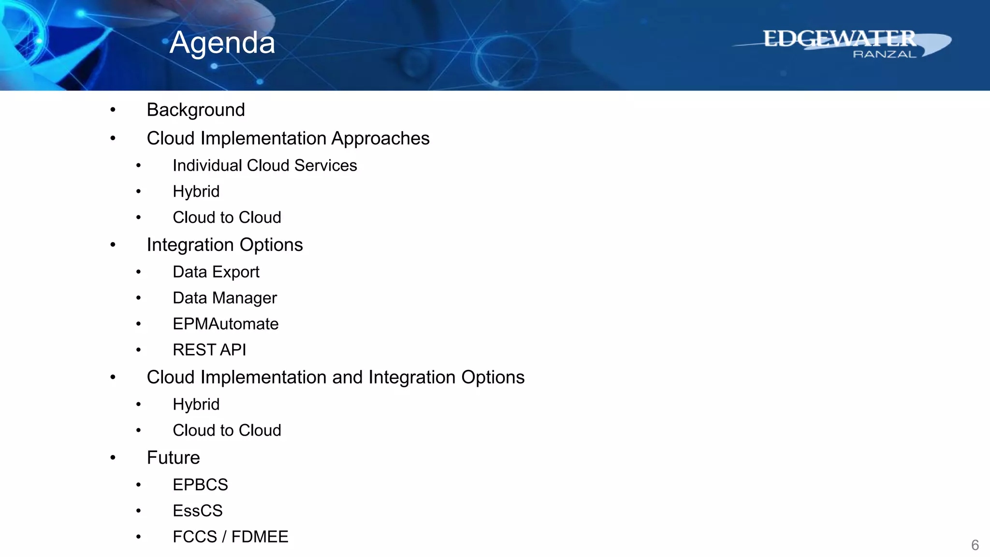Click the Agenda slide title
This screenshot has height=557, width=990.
(x=222, y=43)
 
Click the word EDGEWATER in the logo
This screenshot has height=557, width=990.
(x=839, y=39)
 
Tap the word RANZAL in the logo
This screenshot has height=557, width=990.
(x=884, y=54)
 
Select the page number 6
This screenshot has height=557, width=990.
(x=975, y=545)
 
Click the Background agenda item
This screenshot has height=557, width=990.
(x=196, y=110)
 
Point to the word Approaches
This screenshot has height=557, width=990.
(x=380, y=138)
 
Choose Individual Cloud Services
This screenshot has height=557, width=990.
(x=264, y=165)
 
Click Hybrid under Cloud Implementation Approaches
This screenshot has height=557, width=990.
(x=196, y=191)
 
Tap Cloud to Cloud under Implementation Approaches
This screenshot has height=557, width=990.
(x=227, y=218)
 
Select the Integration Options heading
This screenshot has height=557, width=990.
(x=225, y=245)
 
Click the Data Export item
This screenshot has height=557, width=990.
(x=216, y=272)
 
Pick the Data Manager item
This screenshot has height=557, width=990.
(x=224, y=298)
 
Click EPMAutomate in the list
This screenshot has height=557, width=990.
(x=225, y=324)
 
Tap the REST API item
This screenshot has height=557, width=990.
(x=209, y=350)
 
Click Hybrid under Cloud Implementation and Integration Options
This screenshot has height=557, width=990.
(x=196, y=404)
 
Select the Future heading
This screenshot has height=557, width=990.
(x=173, y=457)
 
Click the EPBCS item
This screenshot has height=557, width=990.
(x=200, y=484)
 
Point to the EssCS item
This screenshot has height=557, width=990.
(x=197, y=511)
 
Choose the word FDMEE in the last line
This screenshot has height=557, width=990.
(x=260, y=537)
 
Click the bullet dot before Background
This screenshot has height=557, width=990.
(x=113, y=110)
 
